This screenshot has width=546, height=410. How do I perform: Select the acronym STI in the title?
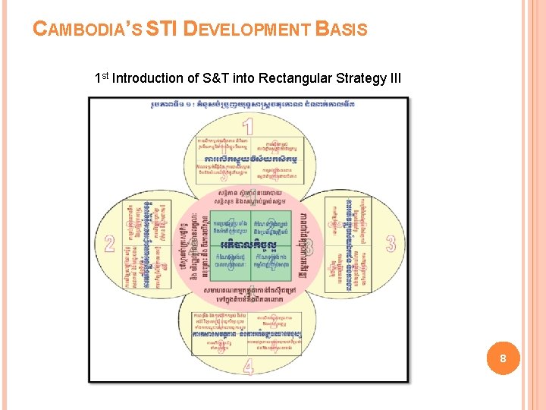(162, 30)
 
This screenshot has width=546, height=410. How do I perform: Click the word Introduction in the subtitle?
(148, 78)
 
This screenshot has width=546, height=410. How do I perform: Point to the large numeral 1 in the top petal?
(247, 126)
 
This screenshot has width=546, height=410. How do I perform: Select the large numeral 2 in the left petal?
(110, 244)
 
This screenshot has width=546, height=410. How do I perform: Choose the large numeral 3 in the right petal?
(390, 244)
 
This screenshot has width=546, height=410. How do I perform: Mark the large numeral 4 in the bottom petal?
(248, 366)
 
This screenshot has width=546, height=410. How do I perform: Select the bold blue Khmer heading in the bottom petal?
(247, 334)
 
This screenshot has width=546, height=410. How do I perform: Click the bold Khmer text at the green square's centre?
(247, 246)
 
